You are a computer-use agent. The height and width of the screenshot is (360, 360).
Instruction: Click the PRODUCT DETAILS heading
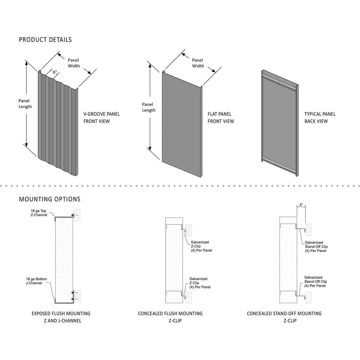[45, 40]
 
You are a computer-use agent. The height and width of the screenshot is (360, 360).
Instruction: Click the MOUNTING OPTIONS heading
[50, 199]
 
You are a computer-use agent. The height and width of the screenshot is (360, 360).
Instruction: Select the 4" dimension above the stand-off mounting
[301, 205]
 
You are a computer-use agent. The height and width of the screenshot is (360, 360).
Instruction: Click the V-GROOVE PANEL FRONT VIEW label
[101, 118]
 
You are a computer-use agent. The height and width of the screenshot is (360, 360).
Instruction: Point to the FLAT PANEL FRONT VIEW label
[220, 118]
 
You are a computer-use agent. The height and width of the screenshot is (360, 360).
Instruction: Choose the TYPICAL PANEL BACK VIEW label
[320, 118]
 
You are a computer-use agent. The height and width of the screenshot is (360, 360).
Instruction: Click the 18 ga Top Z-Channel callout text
[39, 213]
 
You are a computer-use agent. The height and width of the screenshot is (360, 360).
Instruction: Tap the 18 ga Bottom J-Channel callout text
[36, 281]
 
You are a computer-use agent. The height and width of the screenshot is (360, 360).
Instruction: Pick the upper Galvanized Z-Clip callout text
[201, 246]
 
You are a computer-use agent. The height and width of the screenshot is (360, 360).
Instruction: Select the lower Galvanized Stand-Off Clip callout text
[315, 282]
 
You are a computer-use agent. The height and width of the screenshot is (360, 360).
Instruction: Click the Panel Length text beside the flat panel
[149, 107]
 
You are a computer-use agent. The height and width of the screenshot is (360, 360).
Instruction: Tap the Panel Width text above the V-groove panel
[73, 63]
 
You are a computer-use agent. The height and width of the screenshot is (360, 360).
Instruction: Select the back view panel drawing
[279, 123]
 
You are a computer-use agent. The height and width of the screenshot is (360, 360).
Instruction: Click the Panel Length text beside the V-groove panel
[25, 103]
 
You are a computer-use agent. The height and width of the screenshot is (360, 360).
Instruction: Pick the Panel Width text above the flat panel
[198, 63]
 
